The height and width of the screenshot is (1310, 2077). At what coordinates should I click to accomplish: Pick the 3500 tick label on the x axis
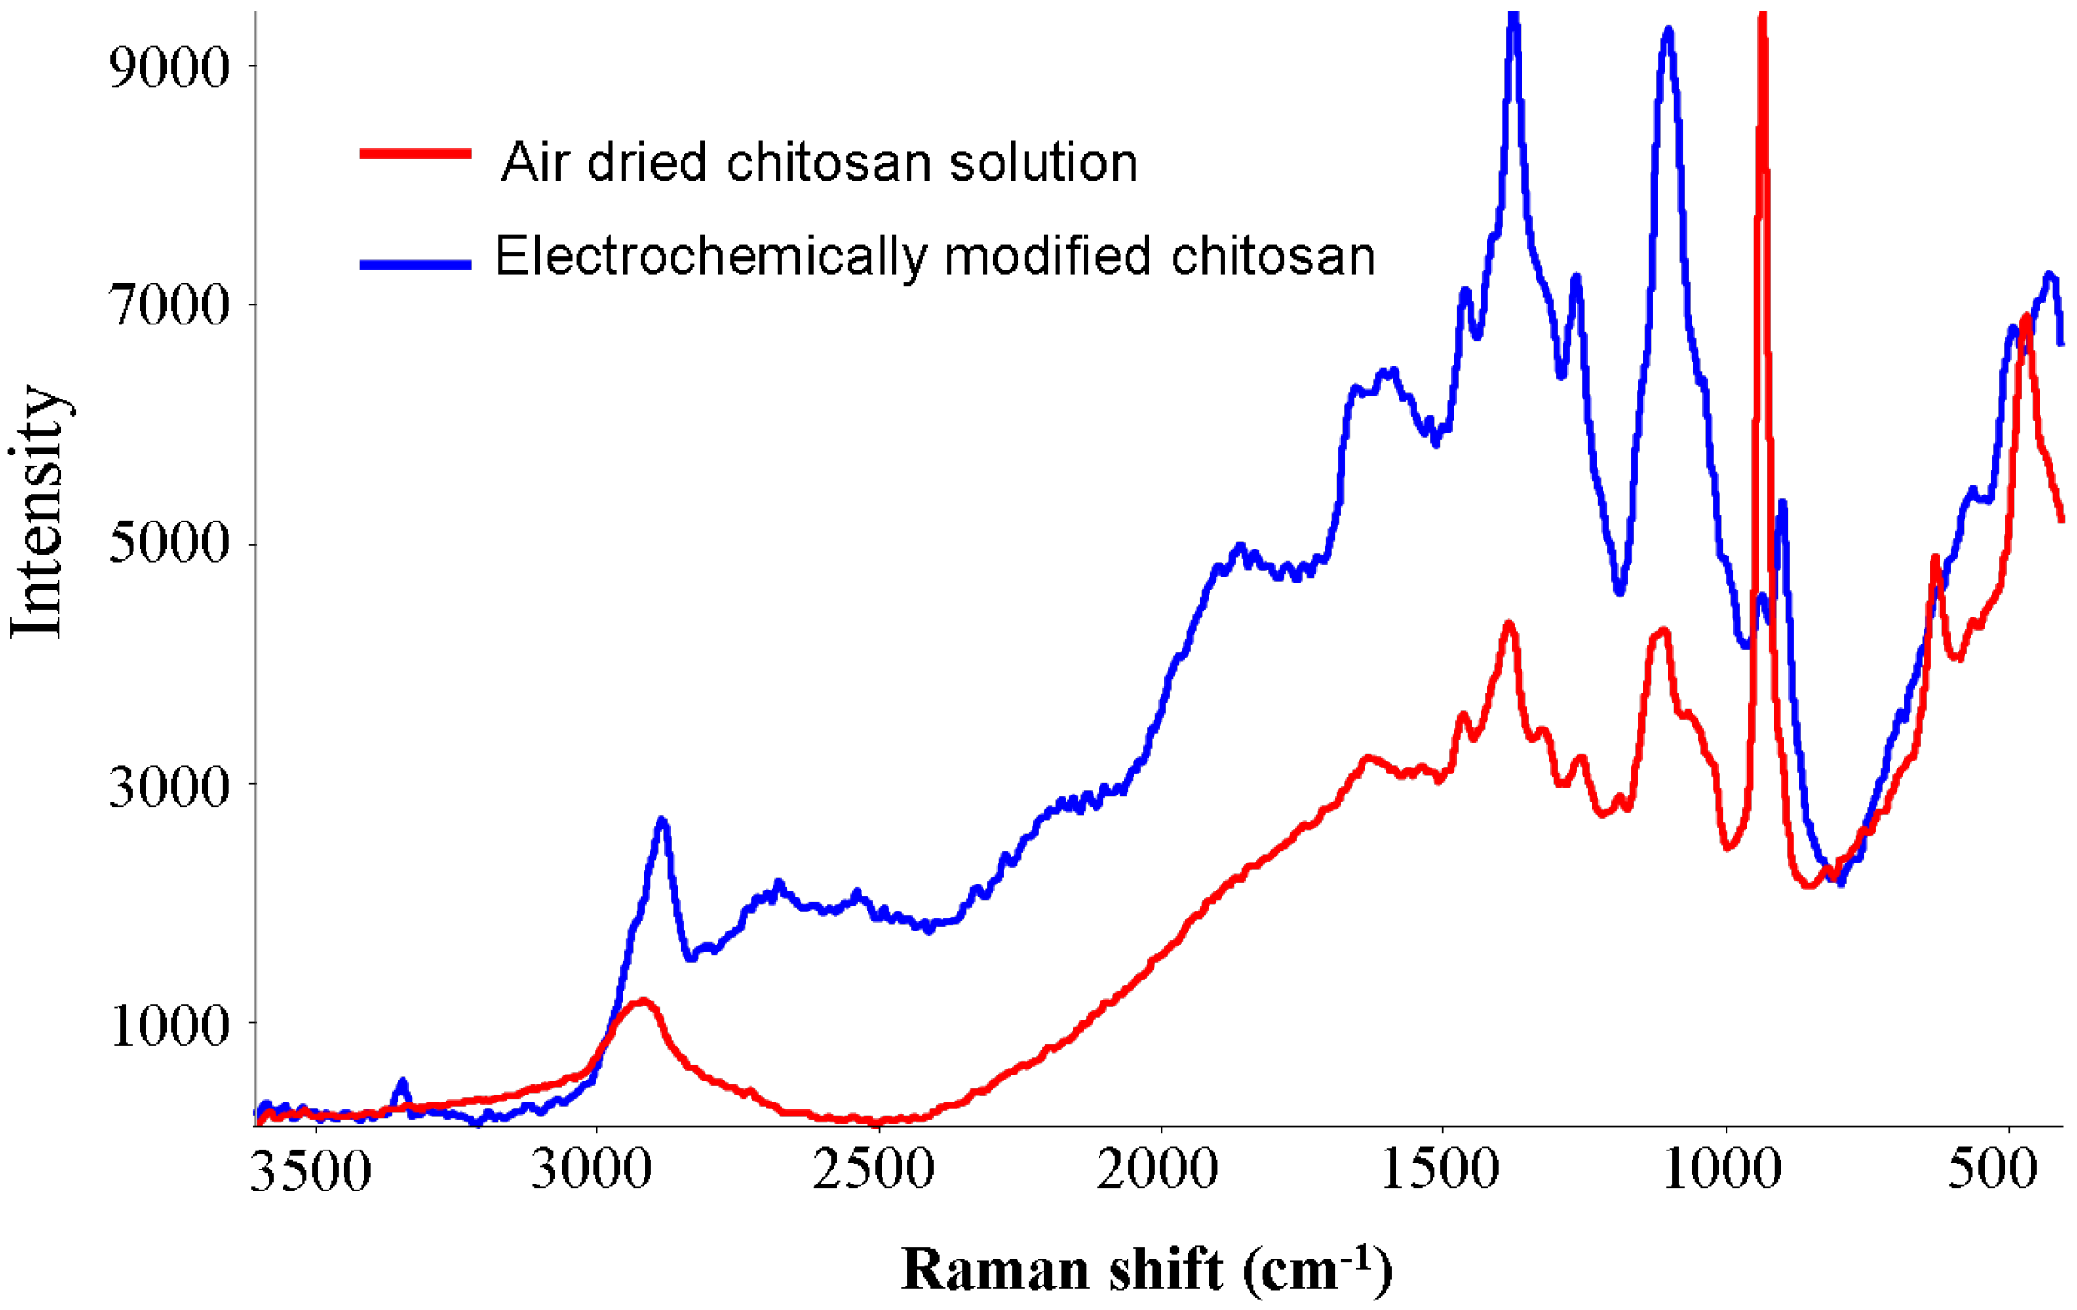coord(310,1171)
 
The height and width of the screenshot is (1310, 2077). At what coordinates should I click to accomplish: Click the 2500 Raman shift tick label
coord(874,1170)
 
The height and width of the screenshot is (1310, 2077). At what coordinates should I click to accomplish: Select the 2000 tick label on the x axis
coord(1157,1170)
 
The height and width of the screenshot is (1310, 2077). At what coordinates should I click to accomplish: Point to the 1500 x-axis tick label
coord(1440,1170)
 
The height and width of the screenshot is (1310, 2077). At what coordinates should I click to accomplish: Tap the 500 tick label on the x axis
coord(1993,1170)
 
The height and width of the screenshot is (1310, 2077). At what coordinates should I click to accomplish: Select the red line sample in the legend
coord(416,154)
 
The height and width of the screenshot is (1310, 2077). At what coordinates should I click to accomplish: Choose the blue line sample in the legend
coord(416,264)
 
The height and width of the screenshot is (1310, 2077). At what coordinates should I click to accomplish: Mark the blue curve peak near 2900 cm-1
coord(662,822)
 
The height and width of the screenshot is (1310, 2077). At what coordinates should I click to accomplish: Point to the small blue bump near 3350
coord(402,1084)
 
